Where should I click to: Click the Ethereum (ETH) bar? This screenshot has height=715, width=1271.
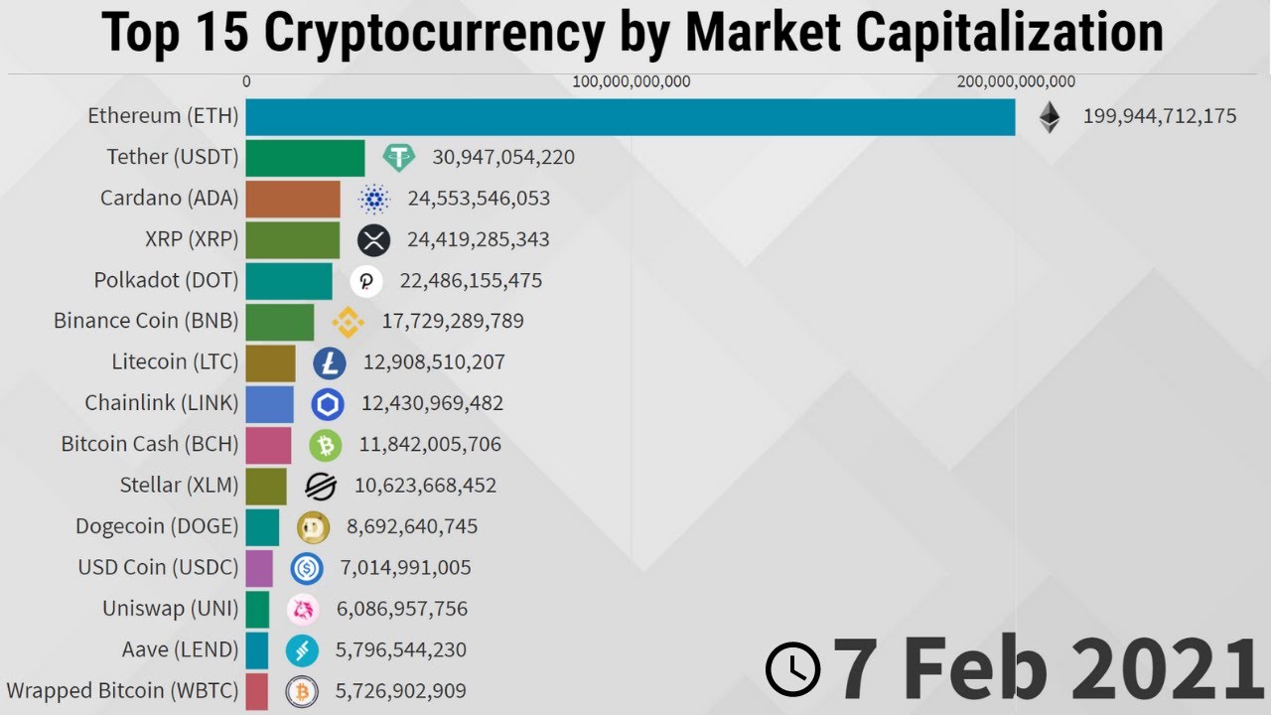pyautogui.click(x=630, y=116)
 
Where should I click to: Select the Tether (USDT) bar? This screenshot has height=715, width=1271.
pyautogui.click(x=305, y=158)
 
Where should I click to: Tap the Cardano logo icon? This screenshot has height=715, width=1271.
pyautogui.click(x=374, y=199)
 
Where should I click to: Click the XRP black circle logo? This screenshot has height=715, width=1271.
pyautogui.click(x=374, y=239)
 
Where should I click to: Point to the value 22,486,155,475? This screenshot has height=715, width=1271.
pyautogui.click(x=471, y=281)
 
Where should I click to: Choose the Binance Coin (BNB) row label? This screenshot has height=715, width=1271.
pyautogui.click(x=146, y=321)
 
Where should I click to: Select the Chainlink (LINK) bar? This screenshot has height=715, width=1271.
pyautogui.click(x=269, y=404)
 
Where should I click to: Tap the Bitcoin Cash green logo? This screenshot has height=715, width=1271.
pyautogui.click(x=325, y=445)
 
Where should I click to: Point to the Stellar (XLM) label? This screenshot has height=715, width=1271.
pyautogui.click(x=179, y=486)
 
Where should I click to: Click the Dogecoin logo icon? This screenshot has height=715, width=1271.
pyautogui.click(x=314, y=526)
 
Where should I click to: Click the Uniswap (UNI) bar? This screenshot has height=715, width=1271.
pyautogui.click(x=257, y=609)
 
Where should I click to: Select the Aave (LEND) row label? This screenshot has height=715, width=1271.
pyautogui.click(x=180, y=650)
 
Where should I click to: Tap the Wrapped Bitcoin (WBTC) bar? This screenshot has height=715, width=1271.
pyautogui.click(x=256, y=691)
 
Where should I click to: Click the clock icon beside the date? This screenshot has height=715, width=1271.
pyautogui.click(x=793, y=668)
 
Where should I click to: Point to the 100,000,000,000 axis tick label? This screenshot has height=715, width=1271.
pyautogui.click(x=632, y=81)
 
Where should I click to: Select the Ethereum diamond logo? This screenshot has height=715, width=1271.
pyautogui.click(x=1050, y=117)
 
